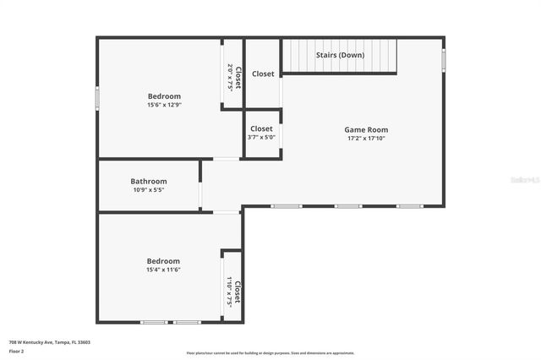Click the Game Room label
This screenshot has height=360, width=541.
[x=366, y=129]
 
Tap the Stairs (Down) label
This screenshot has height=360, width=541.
[x=339, y=55]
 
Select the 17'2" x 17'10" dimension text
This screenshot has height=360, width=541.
[x=366, y=139]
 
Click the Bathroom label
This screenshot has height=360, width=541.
[x=149, y=181]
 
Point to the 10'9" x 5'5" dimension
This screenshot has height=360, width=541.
[x=149, y=190]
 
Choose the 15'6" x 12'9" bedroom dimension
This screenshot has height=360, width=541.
[x=164, y=105]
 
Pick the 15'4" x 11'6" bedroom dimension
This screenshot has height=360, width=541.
[x=164, y=270]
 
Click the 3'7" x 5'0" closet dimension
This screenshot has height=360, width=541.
[x=261, y=137]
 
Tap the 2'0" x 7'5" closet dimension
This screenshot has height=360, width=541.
[x=229, y=78]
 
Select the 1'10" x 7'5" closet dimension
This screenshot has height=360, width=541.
[x=229, y=291]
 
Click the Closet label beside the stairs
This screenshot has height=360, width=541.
[x=263, y=74]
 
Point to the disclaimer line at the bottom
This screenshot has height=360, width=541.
[x=270, y=353]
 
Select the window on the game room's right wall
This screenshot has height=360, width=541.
[x=444, y=61]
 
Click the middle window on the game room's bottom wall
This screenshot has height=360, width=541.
[x=347, y=206]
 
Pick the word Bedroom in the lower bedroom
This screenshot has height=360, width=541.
[x=164, y=261]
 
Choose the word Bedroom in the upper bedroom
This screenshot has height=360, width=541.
[x=164, y=96]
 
